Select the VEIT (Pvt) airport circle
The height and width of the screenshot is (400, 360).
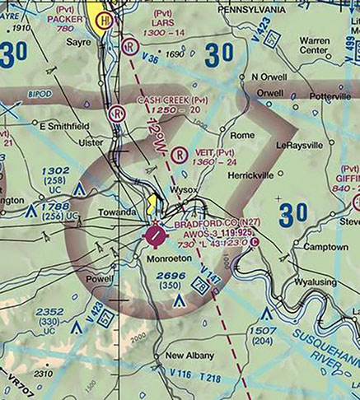tap(179, 153)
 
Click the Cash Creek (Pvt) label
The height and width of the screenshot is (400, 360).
tap(173, 100)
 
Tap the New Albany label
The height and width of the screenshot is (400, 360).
tap(189, 356)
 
